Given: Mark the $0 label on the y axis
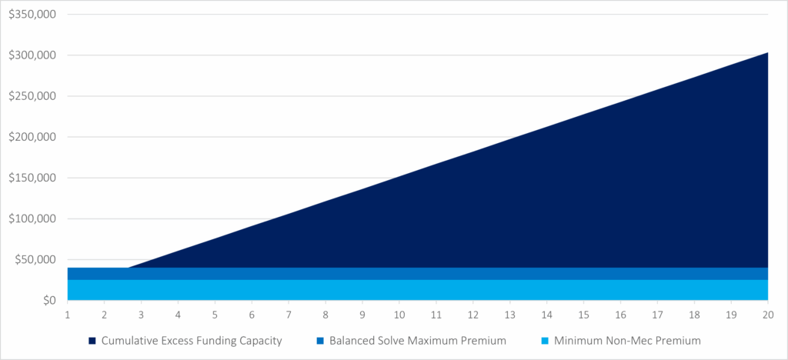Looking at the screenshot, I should tap(48, 300).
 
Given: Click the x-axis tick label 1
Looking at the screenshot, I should tap(68, 315).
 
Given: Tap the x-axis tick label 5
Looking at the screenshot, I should tap(215, 315).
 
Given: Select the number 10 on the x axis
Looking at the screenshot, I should tap(399, 315).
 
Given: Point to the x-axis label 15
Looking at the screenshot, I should tap(583, 315).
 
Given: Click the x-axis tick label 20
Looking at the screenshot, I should tap(768, 315).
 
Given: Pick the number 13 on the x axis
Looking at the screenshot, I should tap(509, 315).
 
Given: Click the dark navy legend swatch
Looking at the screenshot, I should tap(92, 340).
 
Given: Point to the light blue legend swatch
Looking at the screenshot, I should tap(546, 340).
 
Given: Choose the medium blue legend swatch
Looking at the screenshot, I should tap(319, 340).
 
